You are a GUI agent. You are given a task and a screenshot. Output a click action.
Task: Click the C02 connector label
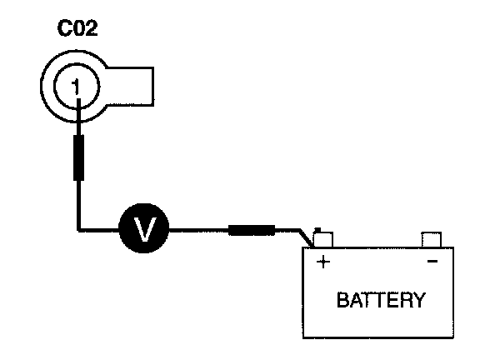[77, 28]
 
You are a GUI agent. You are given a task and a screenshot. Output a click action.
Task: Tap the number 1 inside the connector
[76, 87]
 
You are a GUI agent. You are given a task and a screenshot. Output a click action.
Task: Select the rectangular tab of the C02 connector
[130, 87]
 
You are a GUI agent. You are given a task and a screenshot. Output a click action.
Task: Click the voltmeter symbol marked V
[144, 228]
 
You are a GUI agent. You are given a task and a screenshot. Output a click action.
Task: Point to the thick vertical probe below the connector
[78, 157]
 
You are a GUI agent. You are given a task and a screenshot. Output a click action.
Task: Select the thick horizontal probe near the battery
[252, 230]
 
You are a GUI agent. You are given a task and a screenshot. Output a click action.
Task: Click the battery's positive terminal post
[323, 239]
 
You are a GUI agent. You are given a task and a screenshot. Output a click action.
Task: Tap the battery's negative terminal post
[432, 239]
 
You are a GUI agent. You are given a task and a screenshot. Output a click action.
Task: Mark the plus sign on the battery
[323, 262]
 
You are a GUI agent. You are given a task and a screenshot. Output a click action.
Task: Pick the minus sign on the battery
[432, 261]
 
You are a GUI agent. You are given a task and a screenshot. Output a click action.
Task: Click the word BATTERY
[381, 300]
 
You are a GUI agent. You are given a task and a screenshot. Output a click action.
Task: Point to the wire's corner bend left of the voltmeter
[78, 229]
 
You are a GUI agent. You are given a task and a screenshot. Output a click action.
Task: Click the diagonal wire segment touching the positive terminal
[307, 237]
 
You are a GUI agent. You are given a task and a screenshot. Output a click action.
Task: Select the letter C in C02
[64, 28]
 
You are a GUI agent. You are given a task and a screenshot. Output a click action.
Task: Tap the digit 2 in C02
[92, 28]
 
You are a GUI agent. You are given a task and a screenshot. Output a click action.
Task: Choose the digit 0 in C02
[78, 28]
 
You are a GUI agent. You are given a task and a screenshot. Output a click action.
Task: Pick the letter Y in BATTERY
[419, 300]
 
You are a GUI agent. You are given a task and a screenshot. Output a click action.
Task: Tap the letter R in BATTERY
[405, 300]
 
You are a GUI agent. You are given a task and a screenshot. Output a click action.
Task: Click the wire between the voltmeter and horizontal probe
[198, 230]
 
